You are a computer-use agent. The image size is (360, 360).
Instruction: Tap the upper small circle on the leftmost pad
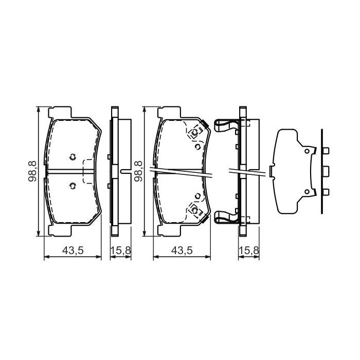pos(72,157)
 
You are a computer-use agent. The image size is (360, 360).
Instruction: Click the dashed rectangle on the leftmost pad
pos(91,171)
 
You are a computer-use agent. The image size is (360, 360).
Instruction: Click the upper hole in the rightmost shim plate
pos(307,151)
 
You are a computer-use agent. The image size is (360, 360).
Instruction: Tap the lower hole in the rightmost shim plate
pos(307,192)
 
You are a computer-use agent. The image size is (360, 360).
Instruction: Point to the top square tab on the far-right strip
pos(326,151)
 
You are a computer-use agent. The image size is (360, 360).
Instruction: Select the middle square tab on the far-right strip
pos(326,171)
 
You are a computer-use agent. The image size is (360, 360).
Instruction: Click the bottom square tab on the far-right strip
pos(326,192)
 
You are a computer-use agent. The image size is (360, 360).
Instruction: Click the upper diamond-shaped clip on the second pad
pos(195,133)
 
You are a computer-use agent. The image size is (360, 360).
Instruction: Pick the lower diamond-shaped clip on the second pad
pos(195,209)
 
